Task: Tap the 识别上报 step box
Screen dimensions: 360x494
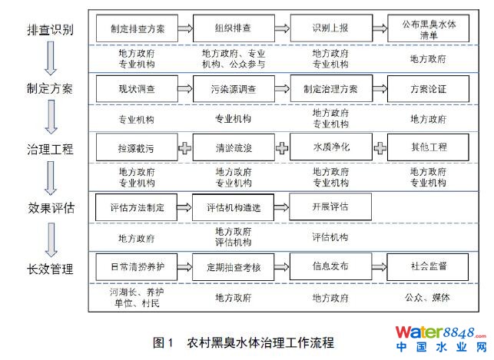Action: [330, 29]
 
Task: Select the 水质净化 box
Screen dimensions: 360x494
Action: [330, 147]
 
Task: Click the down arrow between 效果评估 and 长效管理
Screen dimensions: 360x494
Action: [51, 239]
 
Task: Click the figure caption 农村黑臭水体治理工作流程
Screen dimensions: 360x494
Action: [261, 342]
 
